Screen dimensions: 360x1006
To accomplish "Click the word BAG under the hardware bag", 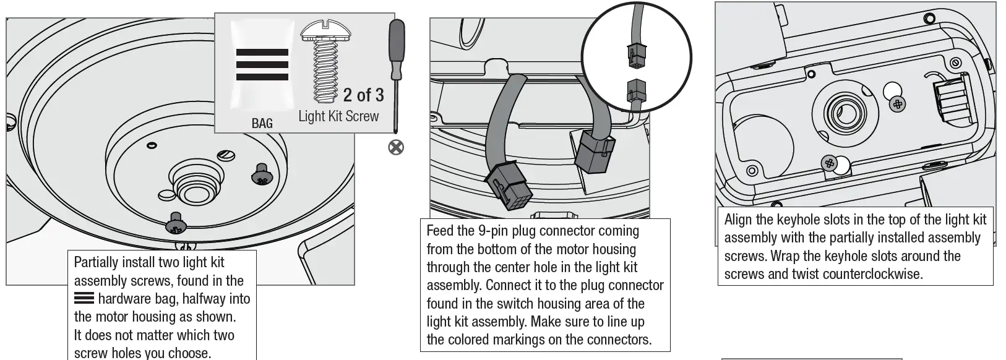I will (x=262, y=123).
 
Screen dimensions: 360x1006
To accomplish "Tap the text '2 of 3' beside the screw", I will (x=363, y=95).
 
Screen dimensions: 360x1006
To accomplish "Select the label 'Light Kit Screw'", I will (x=338, y=116).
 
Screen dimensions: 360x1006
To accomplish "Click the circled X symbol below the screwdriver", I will (x=396, y=147).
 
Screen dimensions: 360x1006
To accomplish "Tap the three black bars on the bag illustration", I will (x=262, y=64).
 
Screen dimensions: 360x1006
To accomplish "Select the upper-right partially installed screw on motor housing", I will (x=261, y=174).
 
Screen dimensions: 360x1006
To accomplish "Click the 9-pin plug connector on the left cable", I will (x=507, y=186).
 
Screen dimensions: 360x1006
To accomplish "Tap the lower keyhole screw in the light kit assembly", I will (x=829, y=163).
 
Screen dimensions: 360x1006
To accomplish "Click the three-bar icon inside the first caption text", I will (x=84, y=299).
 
